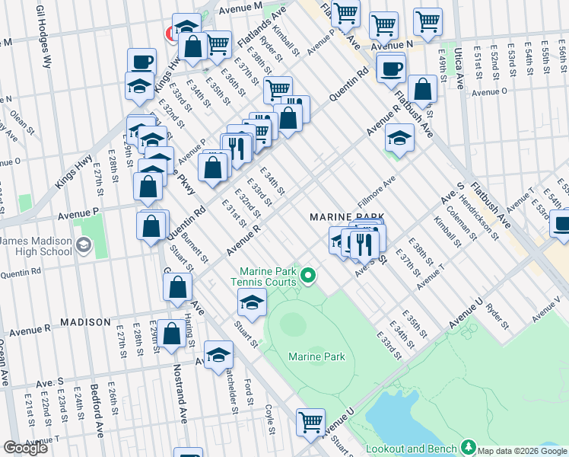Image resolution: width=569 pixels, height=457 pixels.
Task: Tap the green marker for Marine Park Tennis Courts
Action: [308, 274]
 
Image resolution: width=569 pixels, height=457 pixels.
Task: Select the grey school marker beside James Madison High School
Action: [82, 245]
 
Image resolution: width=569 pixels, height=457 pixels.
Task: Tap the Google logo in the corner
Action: [26, 448]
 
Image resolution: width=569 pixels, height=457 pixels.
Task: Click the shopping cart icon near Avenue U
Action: [310, 421]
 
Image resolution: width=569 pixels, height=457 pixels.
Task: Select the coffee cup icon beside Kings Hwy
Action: [141, 62]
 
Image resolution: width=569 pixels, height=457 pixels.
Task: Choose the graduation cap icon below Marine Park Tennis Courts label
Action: [252, 302]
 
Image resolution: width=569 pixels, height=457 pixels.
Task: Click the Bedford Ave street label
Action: [99, 411]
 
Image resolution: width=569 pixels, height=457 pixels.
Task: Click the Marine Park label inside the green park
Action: [316, 356]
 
